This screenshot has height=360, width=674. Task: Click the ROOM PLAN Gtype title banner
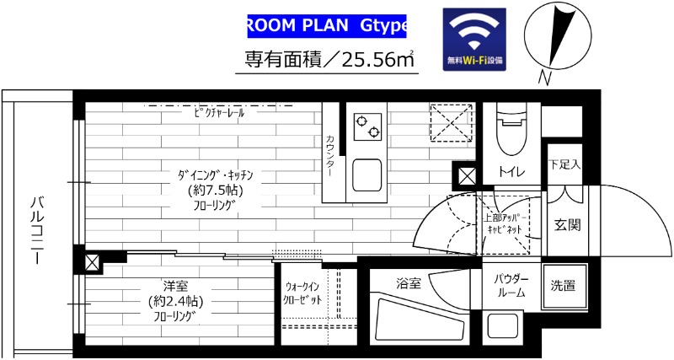327,25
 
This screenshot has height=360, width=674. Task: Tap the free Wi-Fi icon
474,40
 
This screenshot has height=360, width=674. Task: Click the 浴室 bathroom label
408,284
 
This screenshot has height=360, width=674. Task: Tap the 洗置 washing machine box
564,286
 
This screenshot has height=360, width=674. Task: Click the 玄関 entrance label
566,225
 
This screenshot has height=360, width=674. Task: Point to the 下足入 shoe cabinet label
564,164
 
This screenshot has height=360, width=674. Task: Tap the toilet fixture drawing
511,128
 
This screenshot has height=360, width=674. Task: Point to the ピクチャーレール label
218,112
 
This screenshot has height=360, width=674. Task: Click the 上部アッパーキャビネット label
503,223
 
